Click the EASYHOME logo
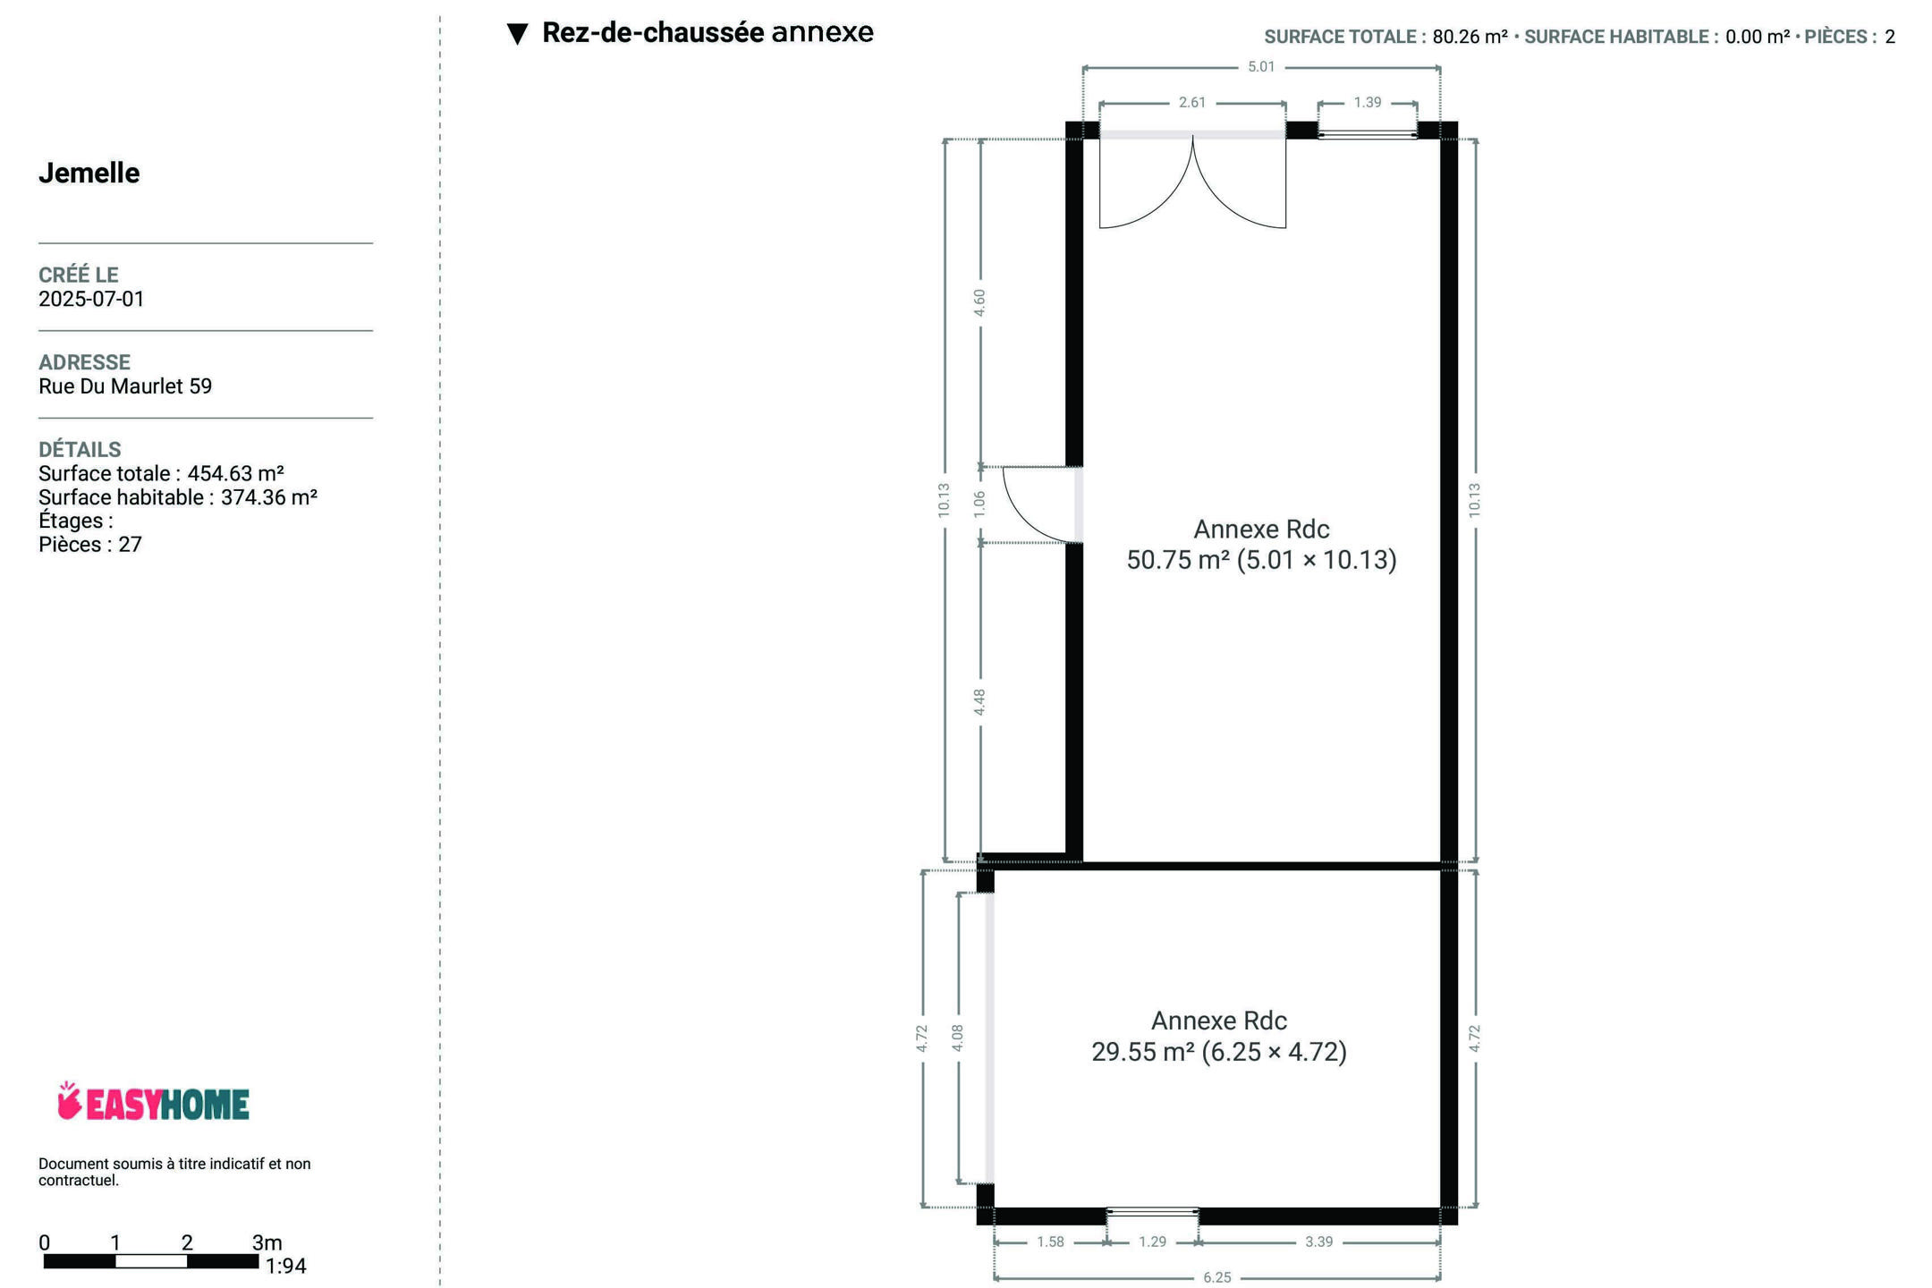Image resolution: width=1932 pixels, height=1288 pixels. tap(153, 1102)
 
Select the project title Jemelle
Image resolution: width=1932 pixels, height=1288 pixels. tap(89, 173)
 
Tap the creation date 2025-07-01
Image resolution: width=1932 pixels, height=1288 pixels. tap(91, 299)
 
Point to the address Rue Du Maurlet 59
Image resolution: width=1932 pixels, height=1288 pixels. tap(125, 386)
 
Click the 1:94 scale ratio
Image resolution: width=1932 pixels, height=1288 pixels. tap(286, 1267)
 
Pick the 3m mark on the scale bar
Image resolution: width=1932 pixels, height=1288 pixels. tap(267, 1242)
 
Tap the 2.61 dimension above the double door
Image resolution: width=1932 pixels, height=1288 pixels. tap(1192, 103)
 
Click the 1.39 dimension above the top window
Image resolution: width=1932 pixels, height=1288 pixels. tap(1368, 103)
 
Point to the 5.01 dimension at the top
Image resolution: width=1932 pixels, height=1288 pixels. tap(1261, 67)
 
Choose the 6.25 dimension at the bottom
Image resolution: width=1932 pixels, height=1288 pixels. tap(1217, 1277)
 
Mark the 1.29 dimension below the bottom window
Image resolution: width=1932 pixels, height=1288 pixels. tap(1153, 1241)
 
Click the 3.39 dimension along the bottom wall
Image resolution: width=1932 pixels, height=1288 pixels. tap(1319, 1241)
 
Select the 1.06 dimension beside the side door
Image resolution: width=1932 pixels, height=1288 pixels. tap(979, 504)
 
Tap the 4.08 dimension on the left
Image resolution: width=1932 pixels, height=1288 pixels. tap(958, 1038)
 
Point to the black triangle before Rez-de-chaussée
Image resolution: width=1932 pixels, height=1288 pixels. tap(517, 34)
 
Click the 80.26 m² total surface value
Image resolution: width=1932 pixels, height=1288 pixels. tap(1470, 37)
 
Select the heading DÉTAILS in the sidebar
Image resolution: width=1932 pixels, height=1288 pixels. tap(80, 449)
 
